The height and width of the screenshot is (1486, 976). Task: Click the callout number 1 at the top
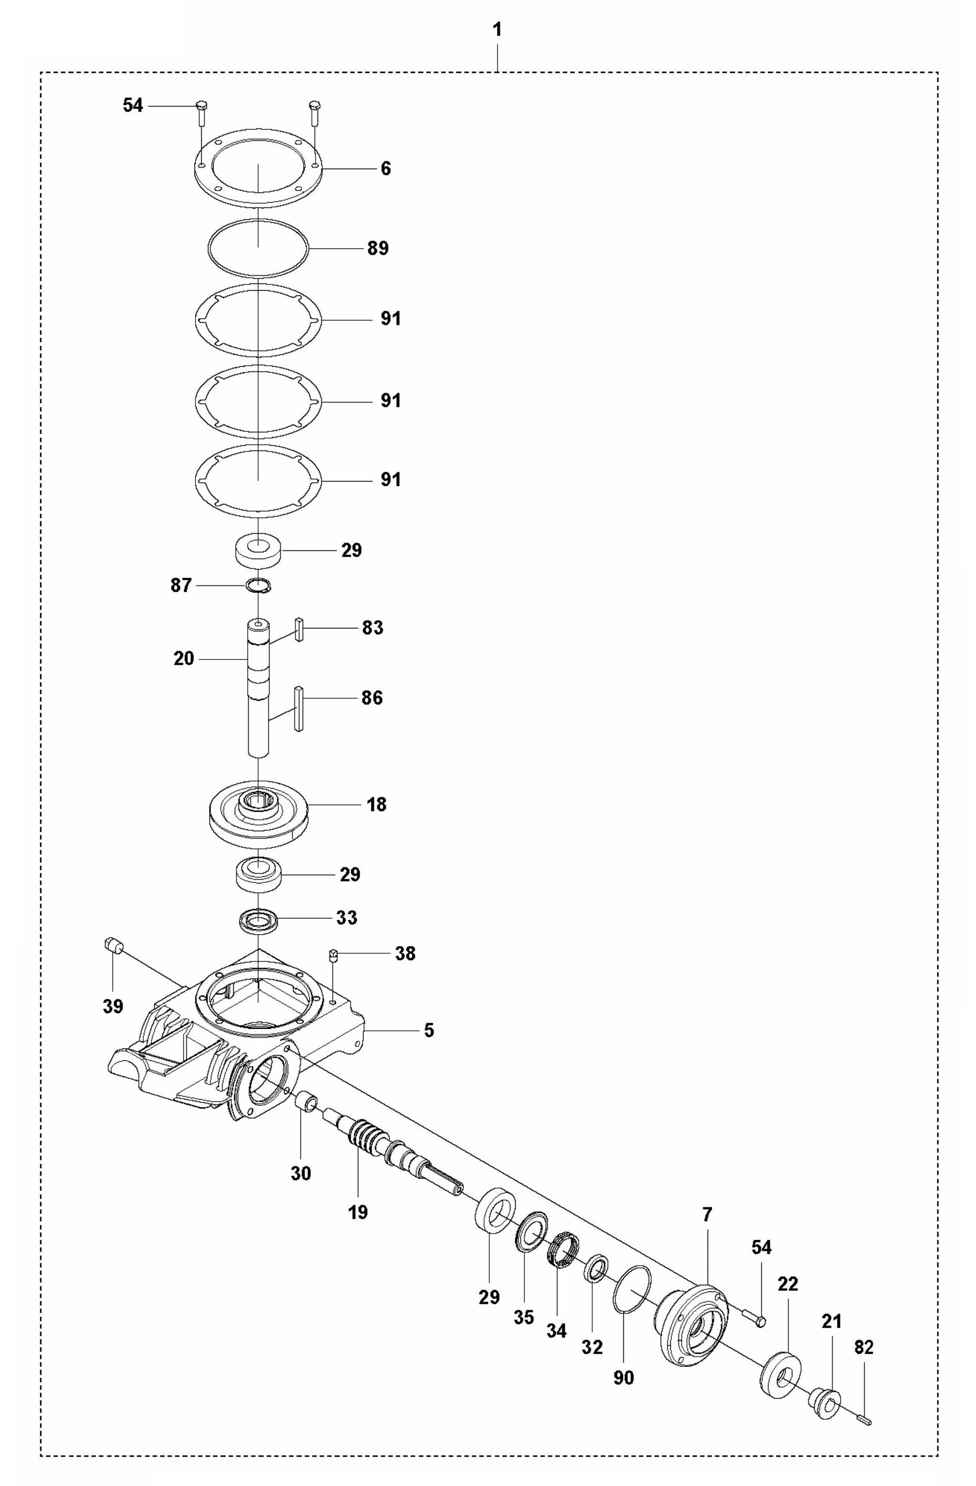tap(497, 30)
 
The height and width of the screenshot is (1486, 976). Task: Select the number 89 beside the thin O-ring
tap(378, 248)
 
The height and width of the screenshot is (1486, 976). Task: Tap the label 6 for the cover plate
tap(385, 169)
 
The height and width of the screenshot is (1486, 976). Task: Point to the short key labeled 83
tap(299, 629)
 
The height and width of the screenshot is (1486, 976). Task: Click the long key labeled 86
tap(299, 708)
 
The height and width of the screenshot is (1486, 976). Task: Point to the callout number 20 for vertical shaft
tap(184, 659)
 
